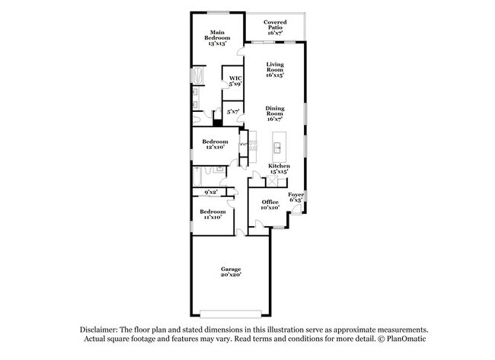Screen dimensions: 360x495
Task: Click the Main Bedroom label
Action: pos(216,38)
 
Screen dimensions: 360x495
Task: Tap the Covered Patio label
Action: pos(275,27)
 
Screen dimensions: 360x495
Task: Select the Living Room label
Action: pos(275,71)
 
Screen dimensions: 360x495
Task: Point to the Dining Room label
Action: pos(275,114)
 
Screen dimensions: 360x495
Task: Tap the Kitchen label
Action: pos(279,169)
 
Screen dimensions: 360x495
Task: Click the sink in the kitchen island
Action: pos(278,143)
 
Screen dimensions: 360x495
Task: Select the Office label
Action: pos(270,204)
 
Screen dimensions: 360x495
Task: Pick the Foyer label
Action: pos(296,198)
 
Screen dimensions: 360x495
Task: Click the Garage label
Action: pos(231,272)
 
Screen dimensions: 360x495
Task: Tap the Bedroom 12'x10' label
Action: pos(215,144)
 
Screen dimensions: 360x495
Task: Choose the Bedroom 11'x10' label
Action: pos(212,214)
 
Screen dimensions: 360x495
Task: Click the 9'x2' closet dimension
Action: pos(212,192)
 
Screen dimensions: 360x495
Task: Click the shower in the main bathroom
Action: pos(198,78)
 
